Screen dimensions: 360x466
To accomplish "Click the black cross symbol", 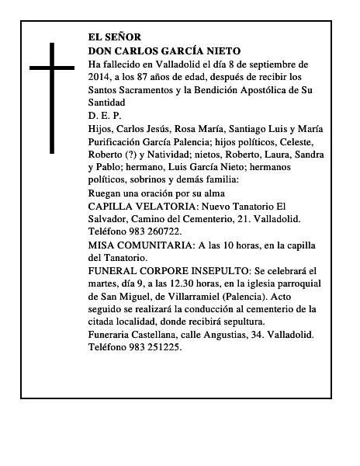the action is tap(52, 97).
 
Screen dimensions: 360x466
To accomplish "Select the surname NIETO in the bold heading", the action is tap(221, 50).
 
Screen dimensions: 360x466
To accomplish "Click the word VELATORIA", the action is tap(168, 205).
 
